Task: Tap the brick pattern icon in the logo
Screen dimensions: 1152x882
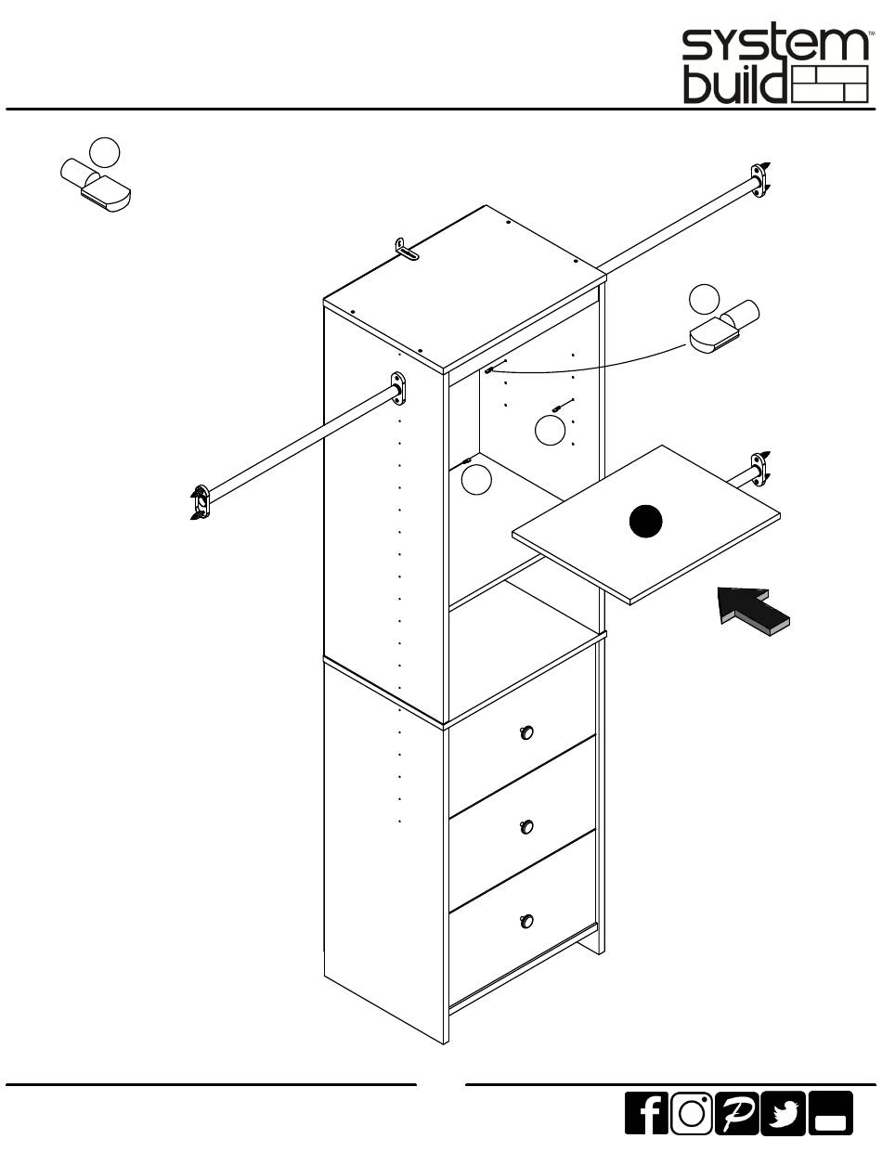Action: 831,84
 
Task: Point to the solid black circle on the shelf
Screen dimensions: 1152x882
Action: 646,522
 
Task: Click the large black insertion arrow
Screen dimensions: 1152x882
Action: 754,614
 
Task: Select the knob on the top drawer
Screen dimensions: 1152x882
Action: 526,732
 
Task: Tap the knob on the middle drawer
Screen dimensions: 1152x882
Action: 526,826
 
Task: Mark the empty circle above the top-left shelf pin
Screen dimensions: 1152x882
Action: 105,150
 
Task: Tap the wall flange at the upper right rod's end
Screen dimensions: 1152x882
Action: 761,180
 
